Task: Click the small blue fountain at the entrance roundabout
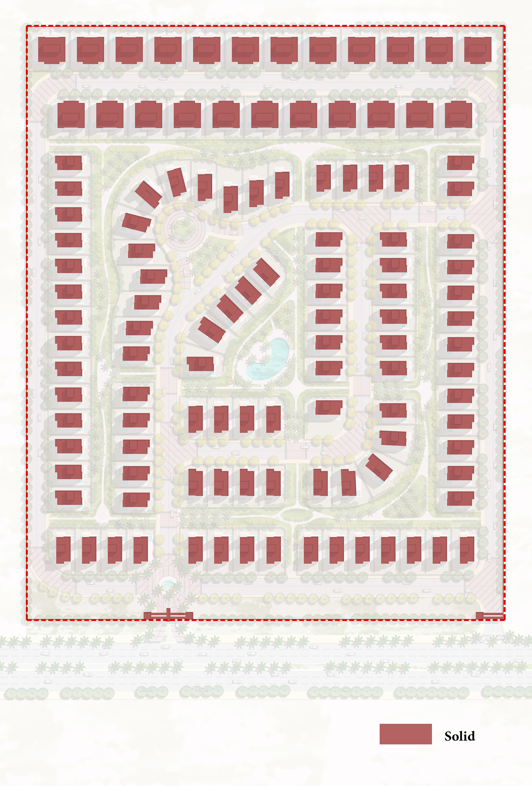(168, 584)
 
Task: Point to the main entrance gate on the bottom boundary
(168, 616)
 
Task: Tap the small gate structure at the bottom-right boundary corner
(489, 616)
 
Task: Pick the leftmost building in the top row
(52, 50)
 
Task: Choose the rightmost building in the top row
(477, 50)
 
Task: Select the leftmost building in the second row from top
(71, 114)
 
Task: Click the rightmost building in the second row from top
(458, 114)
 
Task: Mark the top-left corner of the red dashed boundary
(27, 26)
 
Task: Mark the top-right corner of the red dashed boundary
(505, 26)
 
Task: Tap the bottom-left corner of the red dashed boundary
(27, 620)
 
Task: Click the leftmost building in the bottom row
(63, 549)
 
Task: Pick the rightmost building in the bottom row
(467, 549)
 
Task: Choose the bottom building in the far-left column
(69, 498)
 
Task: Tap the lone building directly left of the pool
(200, 364)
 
